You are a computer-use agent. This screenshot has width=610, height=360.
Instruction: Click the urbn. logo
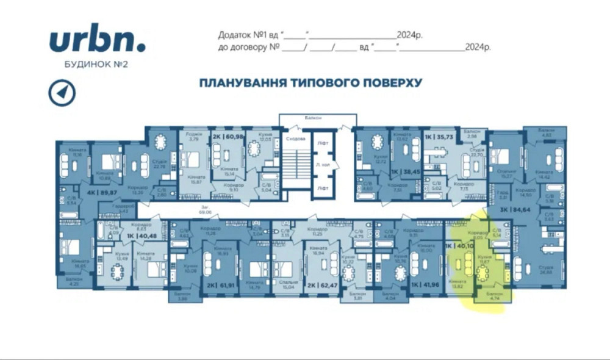pos(97,40)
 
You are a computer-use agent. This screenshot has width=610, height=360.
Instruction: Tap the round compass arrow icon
pos(62,92)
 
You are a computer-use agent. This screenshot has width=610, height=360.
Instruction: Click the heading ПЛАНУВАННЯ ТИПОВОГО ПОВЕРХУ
pos(310,82)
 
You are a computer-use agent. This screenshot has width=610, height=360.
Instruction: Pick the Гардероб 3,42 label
pos(111,209)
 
